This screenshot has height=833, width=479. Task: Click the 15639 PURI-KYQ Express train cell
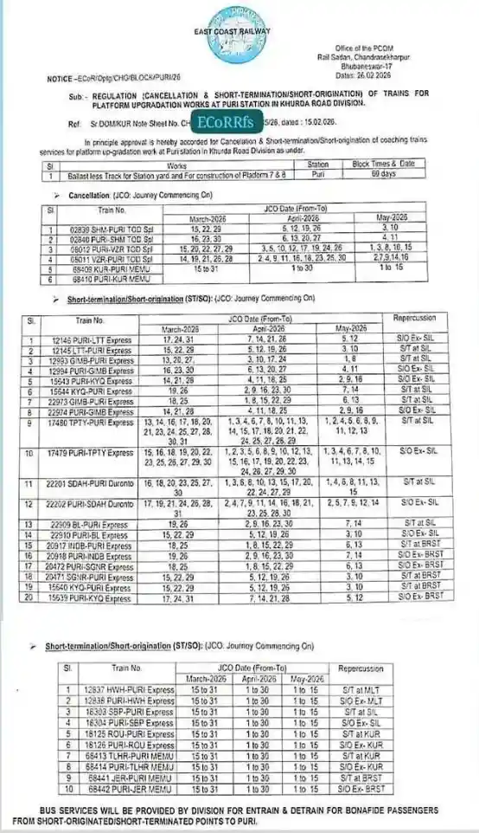tap(99, 597)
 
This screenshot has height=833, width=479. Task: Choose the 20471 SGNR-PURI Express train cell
tap(99, 575)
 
